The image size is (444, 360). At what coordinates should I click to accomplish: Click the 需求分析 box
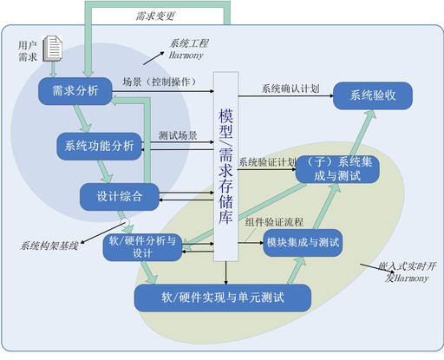(75, 91)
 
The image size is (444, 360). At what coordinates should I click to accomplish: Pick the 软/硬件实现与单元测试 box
(223, 298)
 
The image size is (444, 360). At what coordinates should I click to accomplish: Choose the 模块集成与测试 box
(303, 241)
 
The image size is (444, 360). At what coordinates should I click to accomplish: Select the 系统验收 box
(373, 95)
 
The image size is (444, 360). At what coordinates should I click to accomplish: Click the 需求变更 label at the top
(156, 16)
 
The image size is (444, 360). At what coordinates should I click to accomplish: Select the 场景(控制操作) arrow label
(158, 82)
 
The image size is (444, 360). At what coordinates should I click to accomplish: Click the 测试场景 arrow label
(178, 136)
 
